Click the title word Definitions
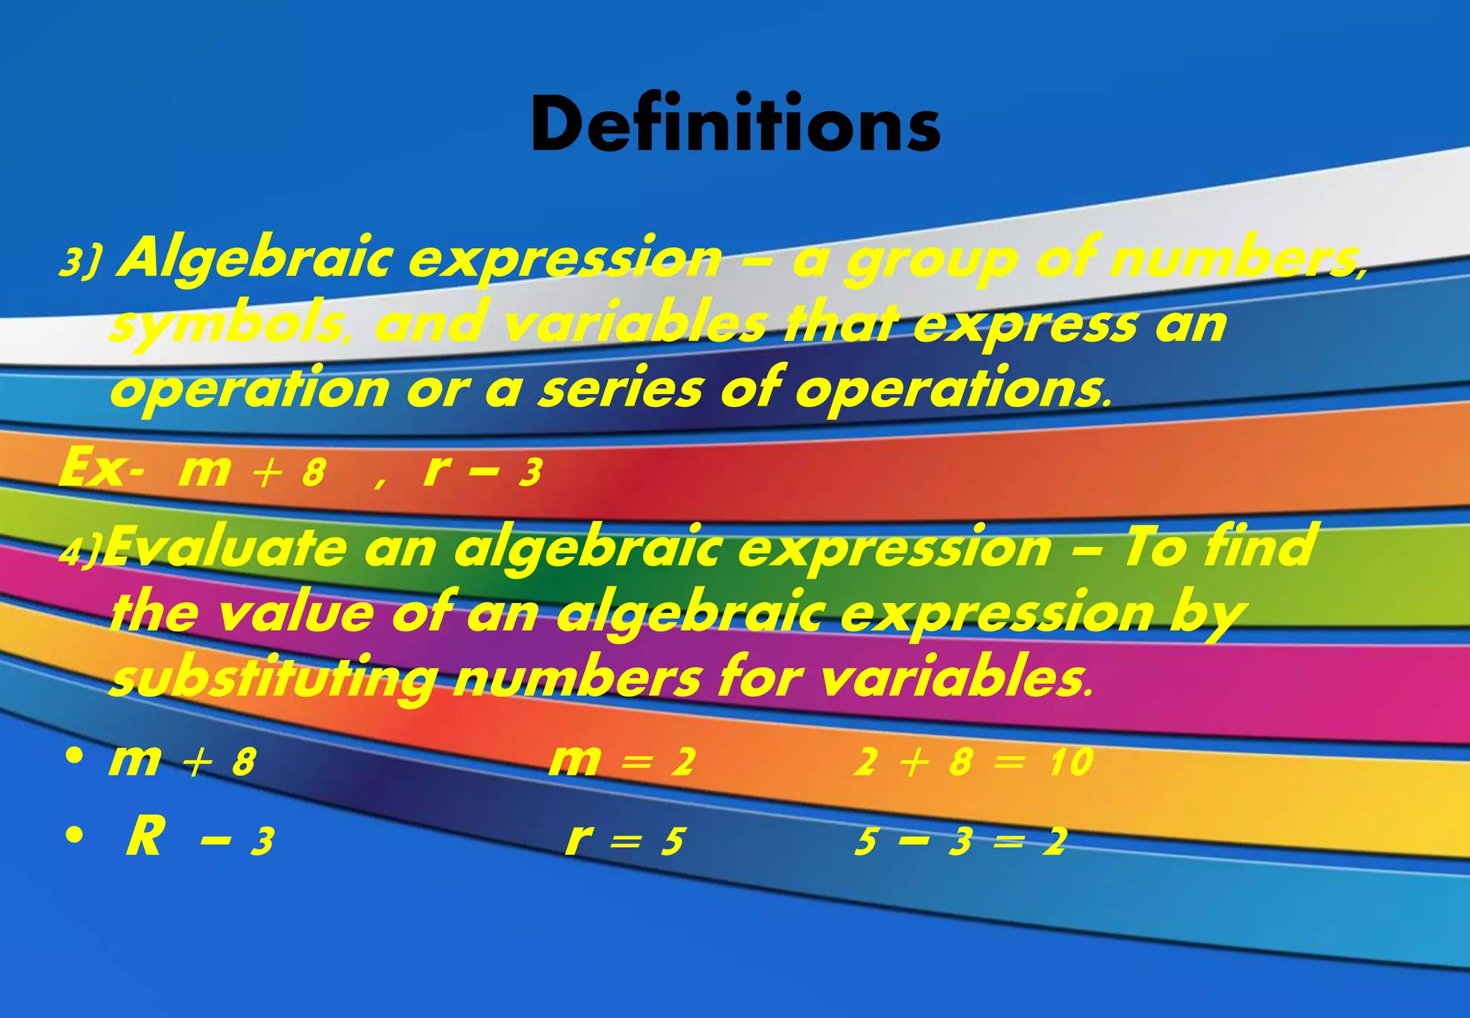(x=735, y=123)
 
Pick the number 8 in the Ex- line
(x=314, y=473)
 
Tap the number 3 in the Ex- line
(x=530, y=473)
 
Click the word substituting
(x=271, y=678)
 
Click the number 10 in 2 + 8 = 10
(x=1070, y=762)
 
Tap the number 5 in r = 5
(x=672, y=841)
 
